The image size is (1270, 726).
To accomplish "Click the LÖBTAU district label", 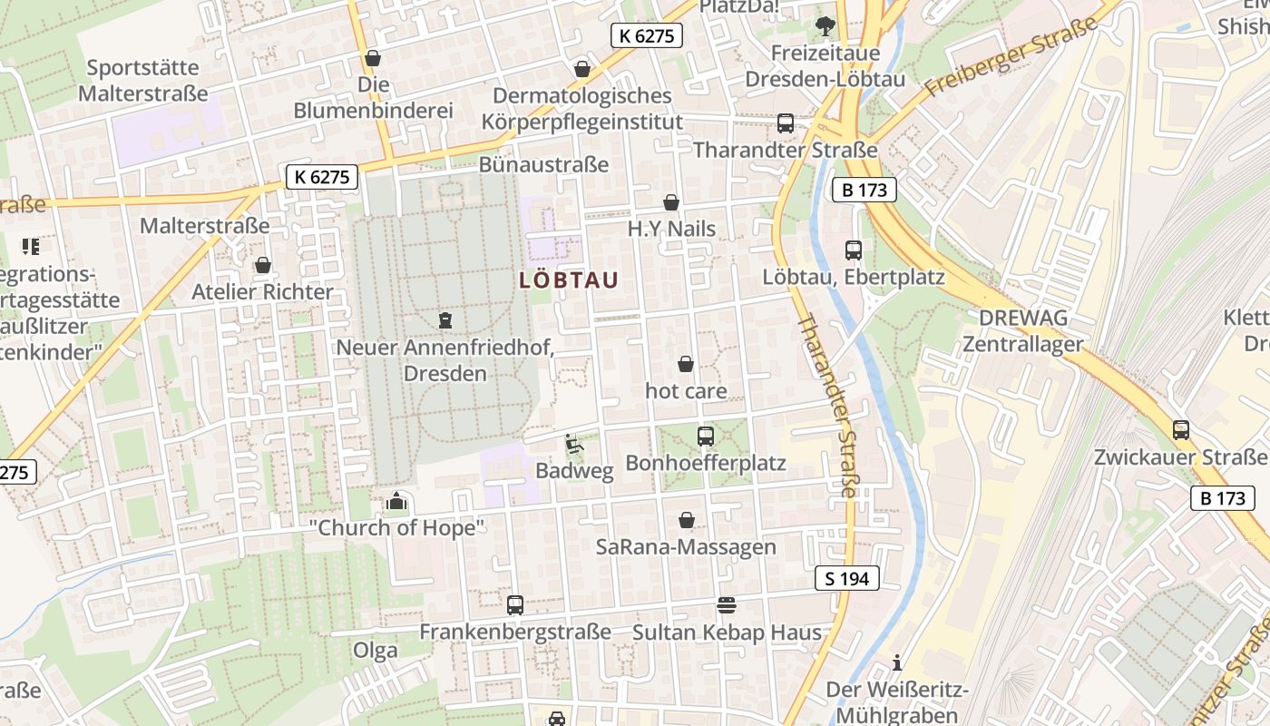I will pos(569,280).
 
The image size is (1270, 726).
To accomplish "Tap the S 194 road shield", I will pos(846,578).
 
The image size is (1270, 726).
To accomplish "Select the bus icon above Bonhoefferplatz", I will pos(705,437).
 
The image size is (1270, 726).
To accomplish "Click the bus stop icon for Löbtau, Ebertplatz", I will pos(853,250).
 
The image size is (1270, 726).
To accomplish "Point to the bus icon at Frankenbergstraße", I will pos(514,604).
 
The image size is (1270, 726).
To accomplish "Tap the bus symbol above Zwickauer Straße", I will pos(1180,430).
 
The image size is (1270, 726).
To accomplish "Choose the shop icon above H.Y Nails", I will pos(670,202).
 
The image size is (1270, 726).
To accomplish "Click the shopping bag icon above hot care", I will pos(686,364).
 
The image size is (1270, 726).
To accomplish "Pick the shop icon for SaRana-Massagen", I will pos(687,521).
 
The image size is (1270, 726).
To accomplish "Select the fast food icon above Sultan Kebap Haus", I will pos(726,604).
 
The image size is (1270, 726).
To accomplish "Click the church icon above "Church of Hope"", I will pos(396,501).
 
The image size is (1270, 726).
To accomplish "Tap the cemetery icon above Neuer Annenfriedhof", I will pos(444,319).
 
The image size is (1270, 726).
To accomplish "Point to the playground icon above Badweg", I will pos(573,444).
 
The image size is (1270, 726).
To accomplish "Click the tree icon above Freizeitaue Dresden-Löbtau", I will pos(825,26).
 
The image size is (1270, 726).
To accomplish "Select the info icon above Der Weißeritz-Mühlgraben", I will pos(896,662).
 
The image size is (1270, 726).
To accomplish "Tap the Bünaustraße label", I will pos(543,164).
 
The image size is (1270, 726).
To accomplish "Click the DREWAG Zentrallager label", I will pos(1023,331).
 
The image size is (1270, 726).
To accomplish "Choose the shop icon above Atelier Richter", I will pos(262,265).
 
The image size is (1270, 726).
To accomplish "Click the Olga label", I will pos(376,650).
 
